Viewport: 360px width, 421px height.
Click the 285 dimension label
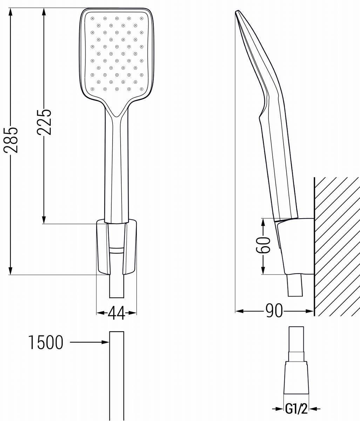click(x=11, y=140)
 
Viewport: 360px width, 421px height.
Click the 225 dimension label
click(x=44, y=122)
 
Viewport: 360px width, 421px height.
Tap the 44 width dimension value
click(x=116, y=313)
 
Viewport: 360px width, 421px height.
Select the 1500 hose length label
click(x=46, y=342)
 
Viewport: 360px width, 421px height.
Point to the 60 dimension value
click(x=263, y=245)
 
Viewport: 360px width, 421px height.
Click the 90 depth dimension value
click(x=274, y=311)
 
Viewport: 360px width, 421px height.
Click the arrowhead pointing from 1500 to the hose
click(x=106, y=342)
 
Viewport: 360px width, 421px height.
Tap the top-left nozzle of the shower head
click(x=93, y=18)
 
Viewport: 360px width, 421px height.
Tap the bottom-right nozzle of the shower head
click(x=142, y=89)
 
